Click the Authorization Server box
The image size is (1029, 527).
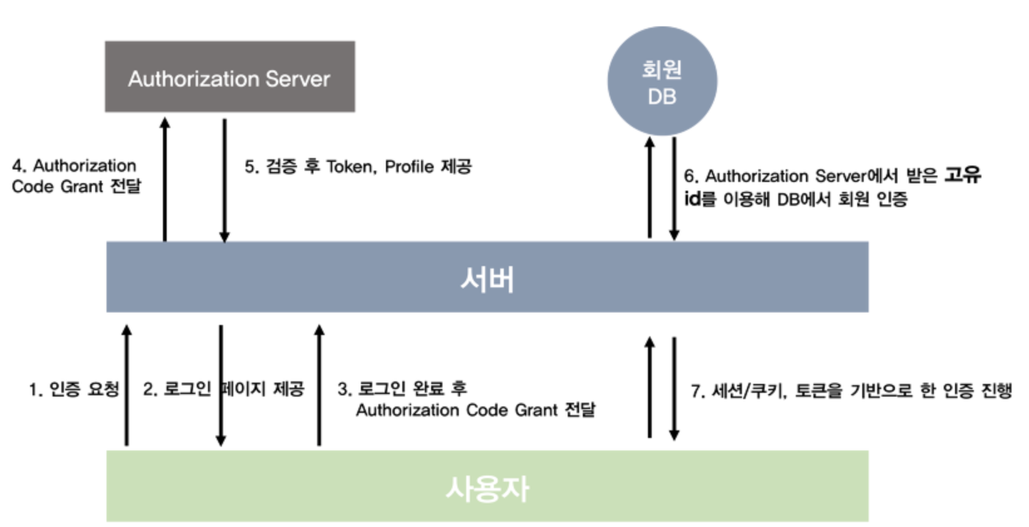coord(229,77)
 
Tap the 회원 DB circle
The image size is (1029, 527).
coord(662,82)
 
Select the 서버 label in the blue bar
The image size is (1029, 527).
coord(487,279)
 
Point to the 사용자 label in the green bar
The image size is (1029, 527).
coord(487,488)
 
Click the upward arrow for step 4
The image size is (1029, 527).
coord(165,179)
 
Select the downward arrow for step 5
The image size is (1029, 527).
coord(224,179)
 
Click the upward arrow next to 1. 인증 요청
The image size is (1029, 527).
coord(127,385)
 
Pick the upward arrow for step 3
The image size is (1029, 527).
coord(319,385)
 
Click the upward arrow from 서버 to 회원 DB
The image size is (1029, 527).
coord(650,188)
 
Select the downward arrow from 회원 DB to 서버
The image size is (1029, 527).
coord(674,188)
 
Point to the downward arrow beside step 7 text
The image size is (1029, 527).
coord(674,389)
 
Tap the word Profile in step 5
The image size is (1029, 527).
coord(409,167)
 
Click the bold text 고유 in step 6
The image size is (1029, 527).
coord(963,175)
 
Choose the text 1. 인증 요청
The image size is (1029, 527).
coord(74,390)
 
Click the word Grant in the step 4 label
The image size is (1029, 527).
coord(81,186)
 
